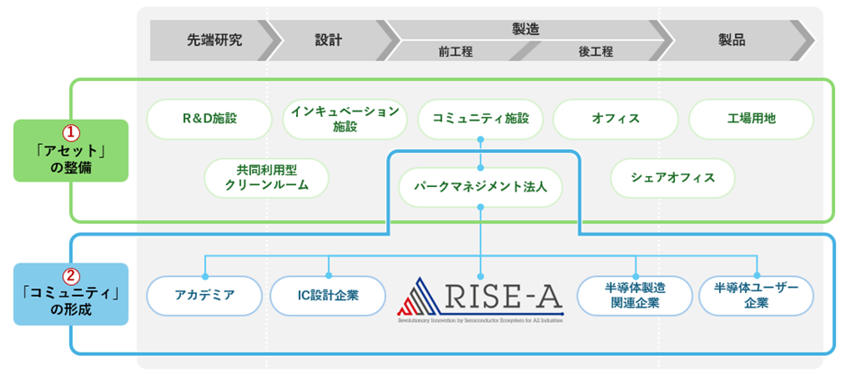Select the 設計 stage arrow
(x=328, y=40)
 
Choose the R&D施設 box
(x=209, y=119)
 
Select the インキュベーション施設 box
(x=345, y=119)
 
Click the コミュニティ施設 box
(x=481, y=119)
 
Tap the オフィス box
(x=616, y=119)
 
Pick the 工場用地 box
(x=751, y=119)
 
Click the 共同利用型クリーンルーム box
(x=266, y=178)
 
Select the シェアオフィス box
(x=672, y=178)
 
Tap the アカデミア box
(x=204, y=295)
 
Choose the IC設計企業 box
(x=328, y=295)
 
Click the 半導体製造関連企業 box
(x=634, y=295)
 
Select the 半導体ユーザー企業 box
(x=756, y=295)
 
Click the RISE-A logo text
(x=504, y=295)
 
